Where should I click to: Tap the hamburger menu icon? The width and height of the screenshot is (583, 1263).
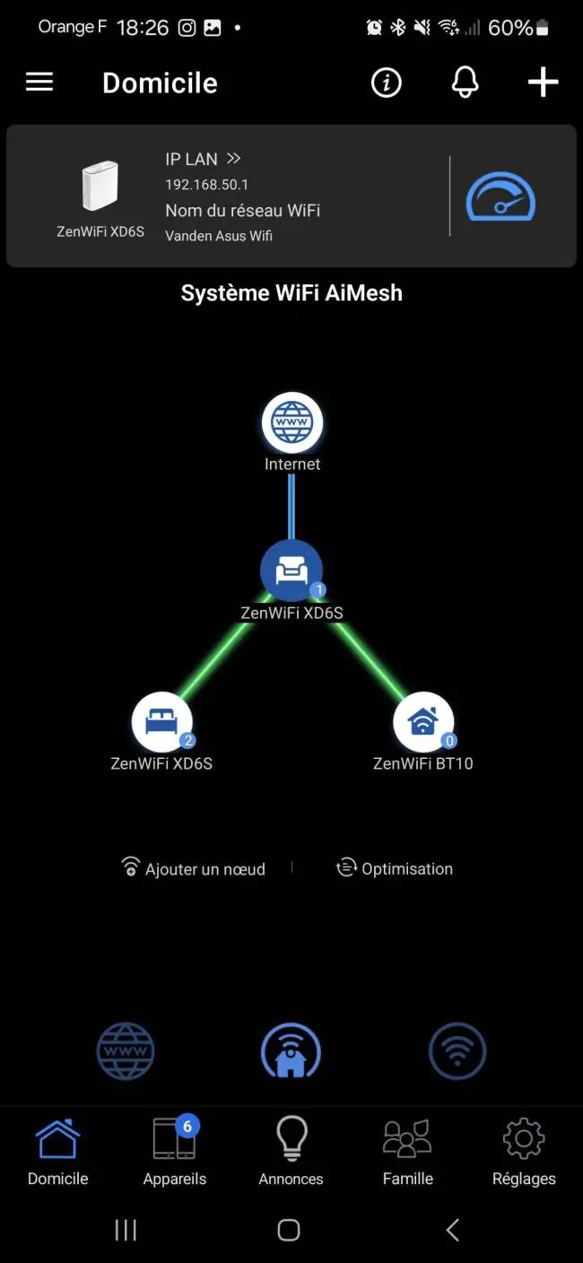pos(39,83)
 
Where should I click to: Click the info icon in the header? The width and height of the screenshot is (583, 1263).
pos(387,83)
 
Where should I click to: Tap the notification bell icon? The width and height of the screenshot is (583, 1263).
pos(466,83)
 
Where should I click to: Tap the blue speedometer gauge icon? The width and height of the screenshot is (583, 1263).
pos(500,196)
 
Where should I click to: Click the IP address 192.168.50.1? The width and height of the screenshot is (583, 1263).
pos(207,185)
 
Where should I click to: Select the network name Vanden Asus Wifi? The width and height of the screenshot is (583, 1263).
pos(219,236)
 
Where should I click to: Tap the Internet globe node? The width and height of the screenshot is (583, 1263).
pos(292,422)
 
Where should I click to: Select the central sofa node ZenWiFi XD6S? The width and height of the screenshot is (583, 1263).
pos(291,570)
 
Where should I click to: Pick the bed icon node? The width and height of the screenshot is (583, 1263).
pos(161,722)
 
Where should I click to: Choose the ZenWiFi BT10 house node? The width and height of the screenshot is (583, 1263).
pos(423,722)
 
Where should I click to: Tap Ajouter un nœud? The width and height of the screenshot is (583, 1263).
pos(194,868)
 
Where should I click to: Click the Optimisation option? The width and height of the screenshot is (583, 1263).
pos(395,868)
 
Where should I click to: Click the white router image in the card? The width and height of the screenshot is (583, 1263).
pos(100,186)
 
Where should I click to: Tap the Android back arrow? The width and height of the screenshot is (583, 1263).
pos(453,1230)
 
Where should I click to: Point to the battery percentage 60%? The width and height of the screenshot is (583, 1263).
pos(510,28)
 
